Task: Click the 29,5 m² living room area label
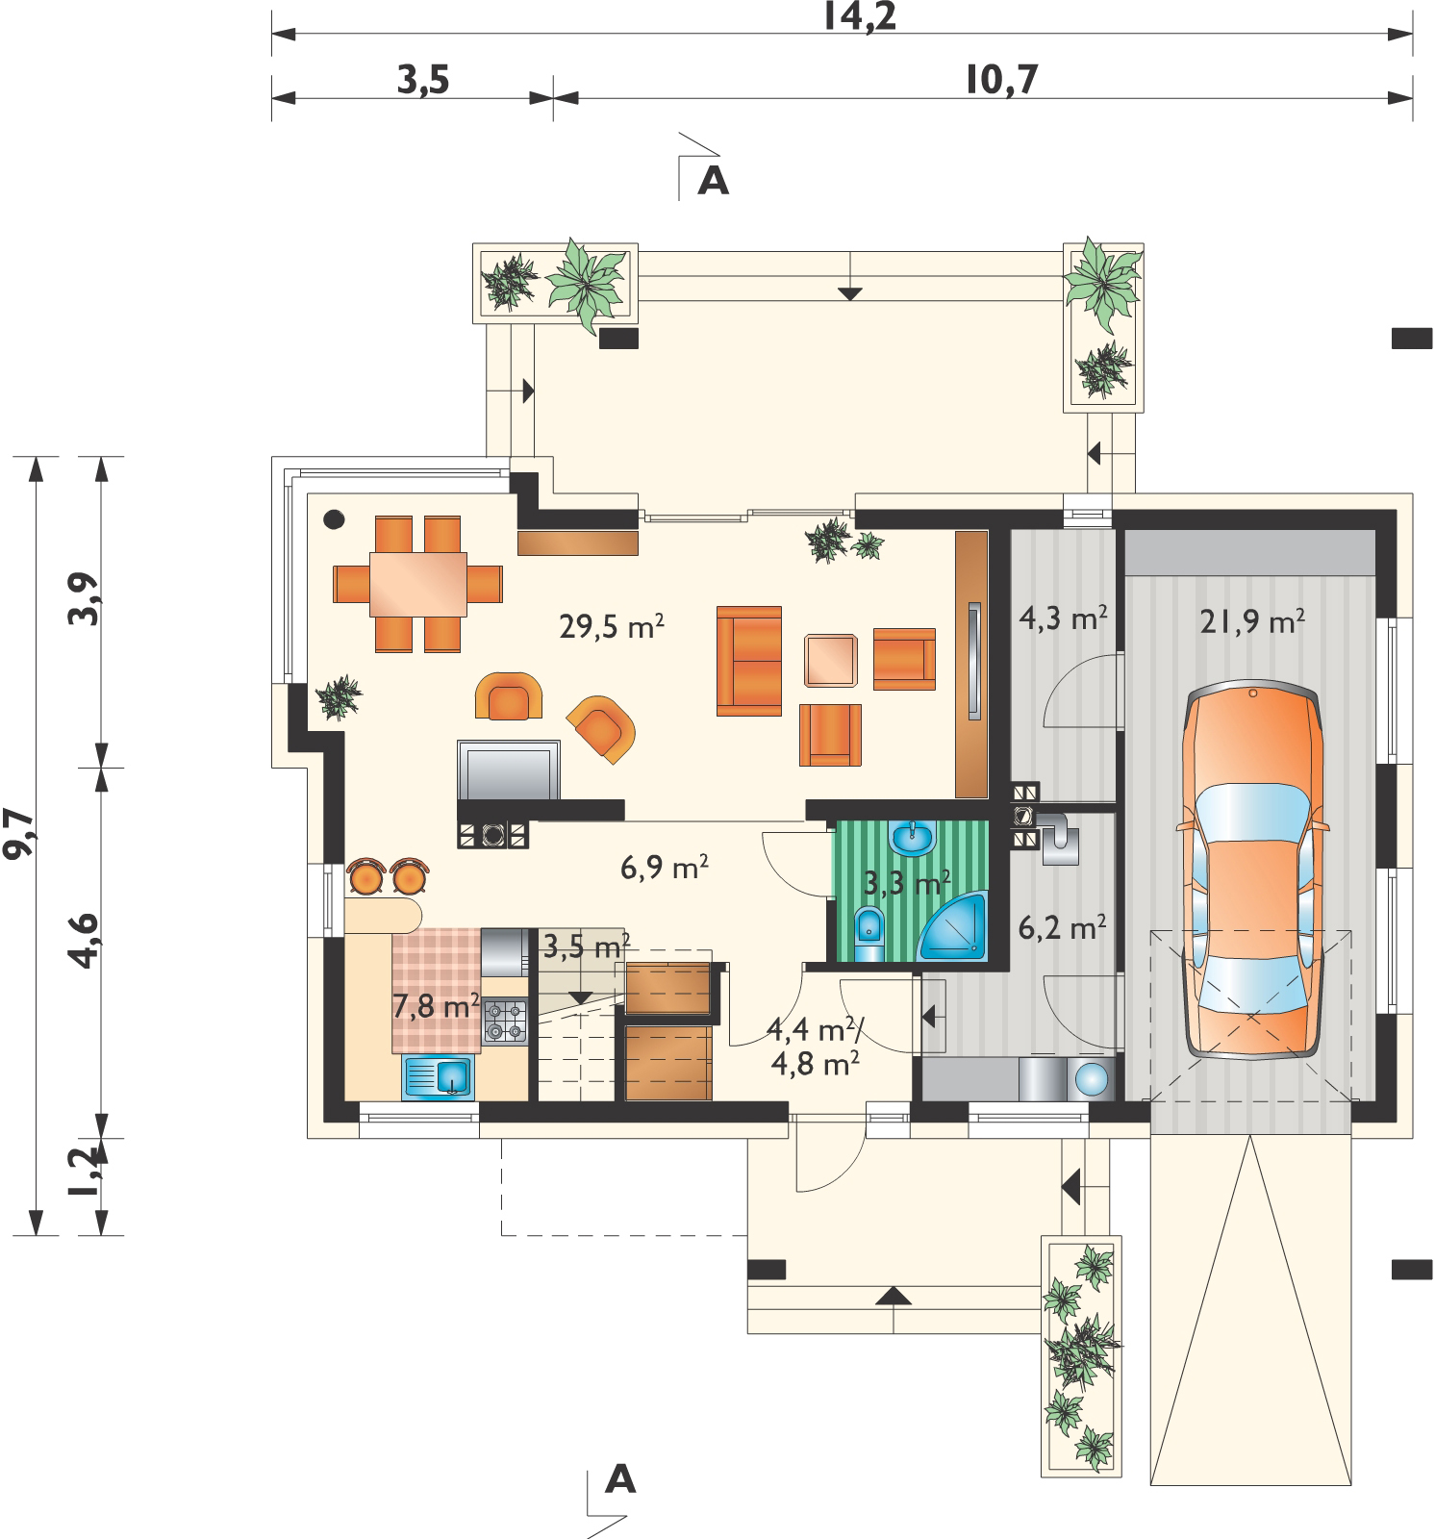click(x=612, y=627)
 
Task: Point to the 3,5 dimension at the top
click(x=423, y=81)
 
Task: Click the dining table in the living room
click(x=419, y=583)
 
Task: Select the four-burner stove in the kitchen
click(x=506, y=1021)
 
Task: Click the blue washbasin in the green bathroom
click(x=911, y=838)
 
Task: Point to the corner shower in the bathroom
click(x=955, y=927)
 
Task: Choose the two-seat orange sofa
click(x=748, y=661)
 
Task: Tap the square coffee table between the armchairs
click(x=830, y=661)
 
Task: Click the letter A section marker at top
click(x=713, y=180)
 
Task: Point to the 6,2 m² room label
click(x=1062, y=928)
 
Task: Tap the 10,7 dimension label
click(x=1003, y=81)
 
